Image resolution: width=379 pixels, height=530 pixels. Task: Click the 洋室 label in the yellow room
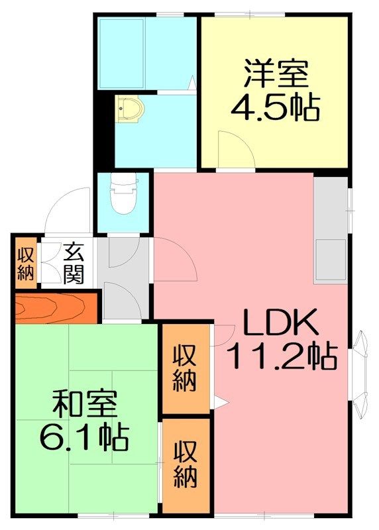tap(276, 74)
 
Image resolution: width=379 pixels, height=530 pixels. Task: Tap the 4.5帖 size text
tap(275, 107)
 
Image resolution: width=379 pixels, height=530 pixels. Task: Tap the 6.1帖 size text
tap(84, 438)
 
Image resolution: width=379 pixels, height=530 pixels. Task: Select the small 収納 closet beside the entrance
tap(26, 264)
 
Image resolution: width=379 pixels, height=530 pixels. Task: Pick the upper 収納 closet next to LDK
tap(185, 368)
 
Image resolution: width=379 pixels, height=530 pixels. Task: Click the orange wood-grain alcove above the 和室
tap(56, 307)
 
